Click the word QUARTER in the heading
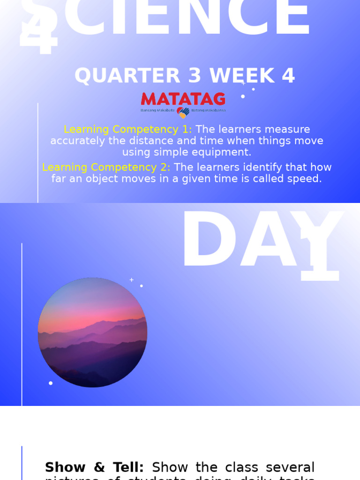click(x=127, y=76)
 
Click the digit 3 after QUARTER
click(x=195, y=76)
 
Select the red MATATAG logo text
click(x=183, y=99)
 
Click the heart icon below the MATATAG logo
click(x=183, y=112)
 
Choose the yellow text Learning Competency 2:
click(x=106, y=167)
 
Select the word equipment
click(x=223, y=152)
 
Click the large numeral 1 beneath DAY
click(x=321, y=255)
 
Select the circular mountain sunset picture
click(x=92, y=332)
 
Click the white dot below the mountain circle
click(x=51, y=383)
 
